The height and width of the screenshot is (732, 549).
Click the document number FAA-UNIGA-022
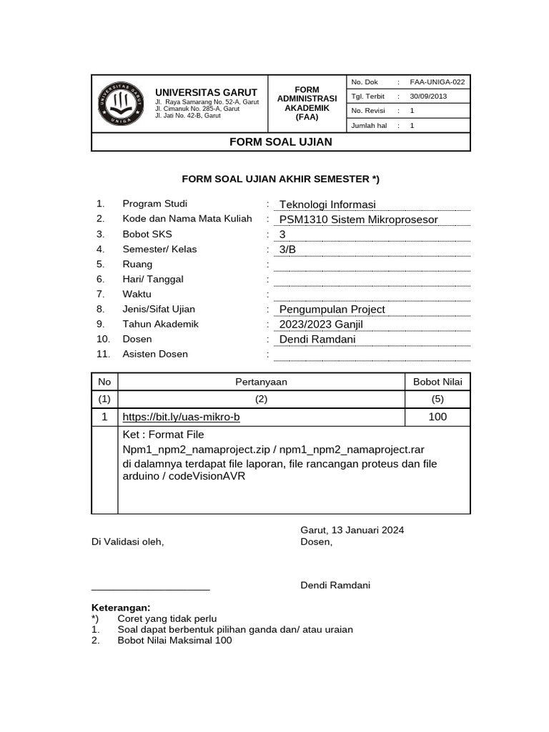point(437,82)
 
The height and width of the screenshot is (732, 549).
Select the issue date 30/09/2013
point(428,97)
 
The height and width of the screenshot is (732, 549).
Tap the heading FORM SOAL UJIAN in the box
point(280,142)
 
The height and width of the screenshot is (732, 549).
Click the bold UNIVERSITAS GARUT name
point(207,93)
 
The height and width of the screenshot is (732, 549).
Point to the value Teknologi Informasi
point(327,204)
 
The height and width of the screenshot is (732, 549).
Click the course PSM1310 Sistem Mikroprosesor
point(358,219)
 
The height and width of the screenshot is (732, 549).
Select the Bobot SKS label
point(147,234)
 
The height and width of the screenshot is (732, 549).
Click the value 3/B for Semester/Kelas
point(287,249)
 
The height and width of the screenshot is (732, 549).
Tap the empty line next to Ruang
point(372,266)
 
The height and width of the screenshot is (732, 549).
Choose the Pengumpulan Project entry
point(332,310)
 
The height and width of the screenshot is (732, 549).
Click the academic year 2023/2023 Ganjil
point(321,325)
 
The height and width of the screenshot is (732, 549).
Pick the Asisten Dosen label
point(155,355)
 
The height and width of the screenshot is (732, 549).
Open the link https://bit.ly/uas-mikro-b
point(181,417)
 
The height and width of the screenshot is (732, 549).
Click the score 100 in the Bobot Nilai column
point(437,417)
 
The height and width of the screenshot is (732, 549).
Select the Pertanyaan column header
point(261,382)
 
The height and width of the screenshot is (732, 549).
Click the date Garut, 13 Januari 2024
point(352,530)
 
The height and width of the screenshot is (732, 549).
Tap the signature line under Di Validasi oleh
point(151,590)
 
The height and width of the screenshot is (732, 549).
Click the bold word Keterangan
point(121,608)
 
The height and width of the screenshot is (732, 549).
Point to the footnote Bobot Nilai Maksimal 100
point(174,640)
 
